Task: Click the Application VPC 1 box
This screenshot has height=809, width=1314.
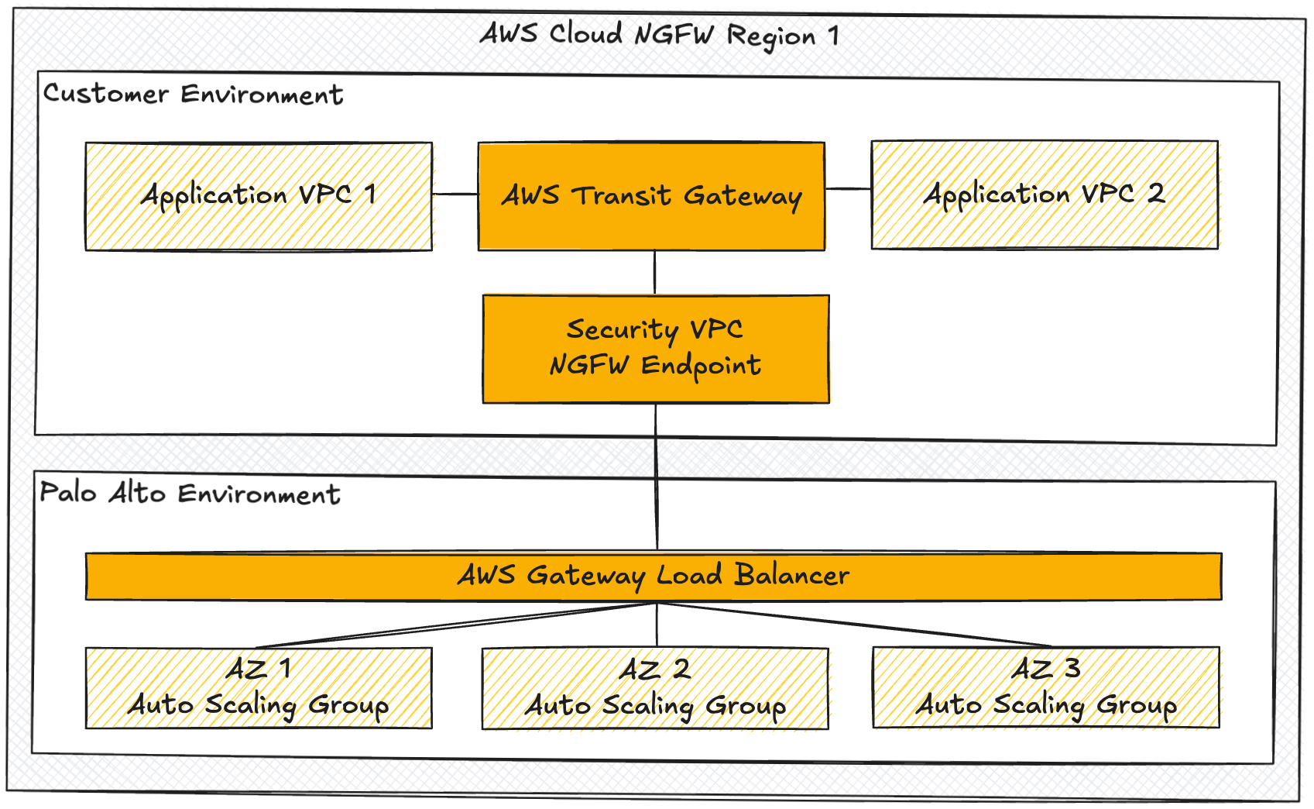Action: click(258, 196)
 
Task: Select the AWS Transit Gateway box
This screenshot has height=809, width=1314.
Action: click(651, 196)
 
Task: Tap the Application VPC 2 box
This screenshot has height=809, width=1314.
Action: click(1045, 195)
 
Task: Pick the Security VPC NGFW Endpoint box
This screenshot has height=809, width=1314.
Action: click(656, 349)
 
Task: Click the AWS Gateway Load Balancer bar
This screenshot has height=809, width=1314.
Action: click(654, 577)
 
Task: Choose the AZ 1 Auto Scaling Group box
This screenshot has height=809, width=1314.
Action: click(259, 688)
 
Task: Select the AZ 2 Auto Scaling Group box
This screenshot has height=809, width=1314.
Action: click(655, 689)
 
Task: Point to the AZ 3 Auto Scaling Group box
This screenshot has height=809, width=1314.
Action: click(1046, 687)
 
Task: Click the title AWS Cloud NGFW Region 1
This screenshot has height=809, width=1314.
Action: click(659, 35)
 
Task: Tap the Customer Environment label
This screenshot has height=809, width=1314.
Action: click(193, 95)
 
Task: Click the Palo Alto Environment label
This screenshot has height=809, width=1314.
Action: click(190, 494)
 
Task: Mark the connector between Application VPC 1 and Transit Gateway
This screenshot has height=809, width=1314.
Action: click(455, 194)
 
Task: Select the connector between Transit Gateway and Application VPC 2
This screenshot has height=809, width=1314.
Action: click(848, 188)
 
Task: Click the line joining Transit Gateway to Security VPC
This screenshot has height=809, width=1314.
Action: click(655, 272)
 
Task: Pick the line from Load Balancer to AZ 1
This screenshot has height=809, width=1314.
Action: click(457, 625)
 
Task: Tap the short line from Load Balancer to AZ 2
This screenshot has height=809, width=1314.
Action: click(657, 625)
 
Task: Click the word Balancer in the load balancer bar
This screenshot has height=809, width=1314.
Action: click(791, 575)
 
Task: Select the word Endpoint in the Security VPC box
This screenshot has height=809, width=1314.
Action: click(701, 365)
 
